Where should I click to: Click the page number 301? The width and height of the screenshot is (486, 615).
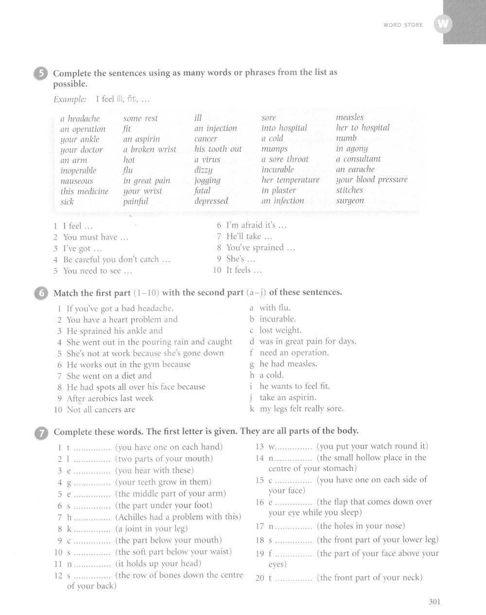click(x=434, y=602)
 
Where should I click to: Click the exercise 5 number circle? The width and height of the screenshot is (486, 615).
click(x=40, y=74)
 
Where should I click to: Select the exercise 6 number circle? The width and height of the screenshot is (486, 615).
click(x=40, y=293)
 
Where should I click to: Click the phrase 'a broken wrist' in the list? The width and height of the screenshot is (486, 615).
click(x=150, y=149)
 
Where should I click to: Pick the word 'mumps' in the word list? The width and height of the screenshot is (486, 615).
click(x=275, y=149)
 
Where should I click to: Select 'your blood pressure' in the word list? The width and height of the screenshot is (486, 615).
click(x=372, y=180)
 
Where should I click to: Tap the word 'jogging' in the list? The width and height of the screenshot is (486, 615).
click(x=208, y=180)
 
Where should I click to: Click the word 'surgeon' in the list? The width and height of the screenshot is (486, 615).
click(x=350, y=200)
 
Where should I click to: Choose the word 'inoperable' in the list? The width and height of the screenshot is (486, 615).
click(x=78, y=170)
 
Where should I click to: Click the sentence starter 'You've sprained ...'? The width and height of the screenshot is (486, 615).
click(x=261, y=248)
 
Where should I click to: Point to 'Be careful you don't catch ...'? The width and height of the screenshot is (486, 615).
click(x=117, y=259)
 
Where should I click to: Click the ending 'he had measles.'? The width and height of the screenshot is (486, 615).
click(x=288, y=364)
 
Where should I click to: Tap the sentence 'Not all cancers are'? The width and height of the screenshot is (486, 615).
click(x=101, y=410)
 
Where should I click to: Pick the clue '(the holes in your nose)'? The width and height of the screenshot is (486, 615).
click(x=361, y=526)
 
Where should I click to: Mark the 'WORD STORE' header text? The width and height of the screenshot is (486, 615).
click(x=403, y=25)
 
